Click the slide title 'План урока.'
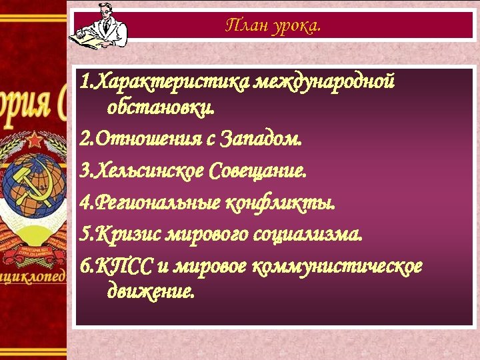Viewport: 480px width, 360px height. pos(273,26)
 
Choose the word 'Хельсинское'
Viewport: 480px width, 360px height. pos(150,171)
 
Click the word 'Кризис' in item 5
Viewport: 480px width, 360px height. pos(120,235)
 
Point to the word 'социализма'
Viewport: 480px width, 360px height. pos(307,235)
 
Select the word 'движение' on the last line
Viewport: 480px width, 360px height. pos(151,291)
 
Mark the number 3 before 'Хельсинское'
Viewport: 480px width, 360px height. pos(83,171)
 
